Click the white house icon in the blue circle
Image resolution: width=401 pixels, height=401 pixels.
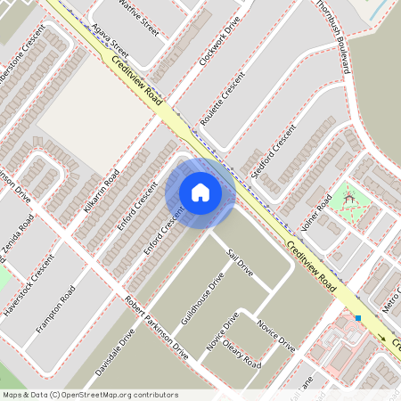click(200, 192)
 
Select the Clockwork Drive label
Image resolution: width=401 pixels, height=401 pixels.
click(221, 42)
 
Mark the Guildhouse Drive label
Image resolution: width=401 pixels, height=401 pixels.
click(202, 304)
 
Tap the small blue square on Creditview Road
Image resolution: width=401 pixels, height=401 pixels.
click(357, 318)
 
